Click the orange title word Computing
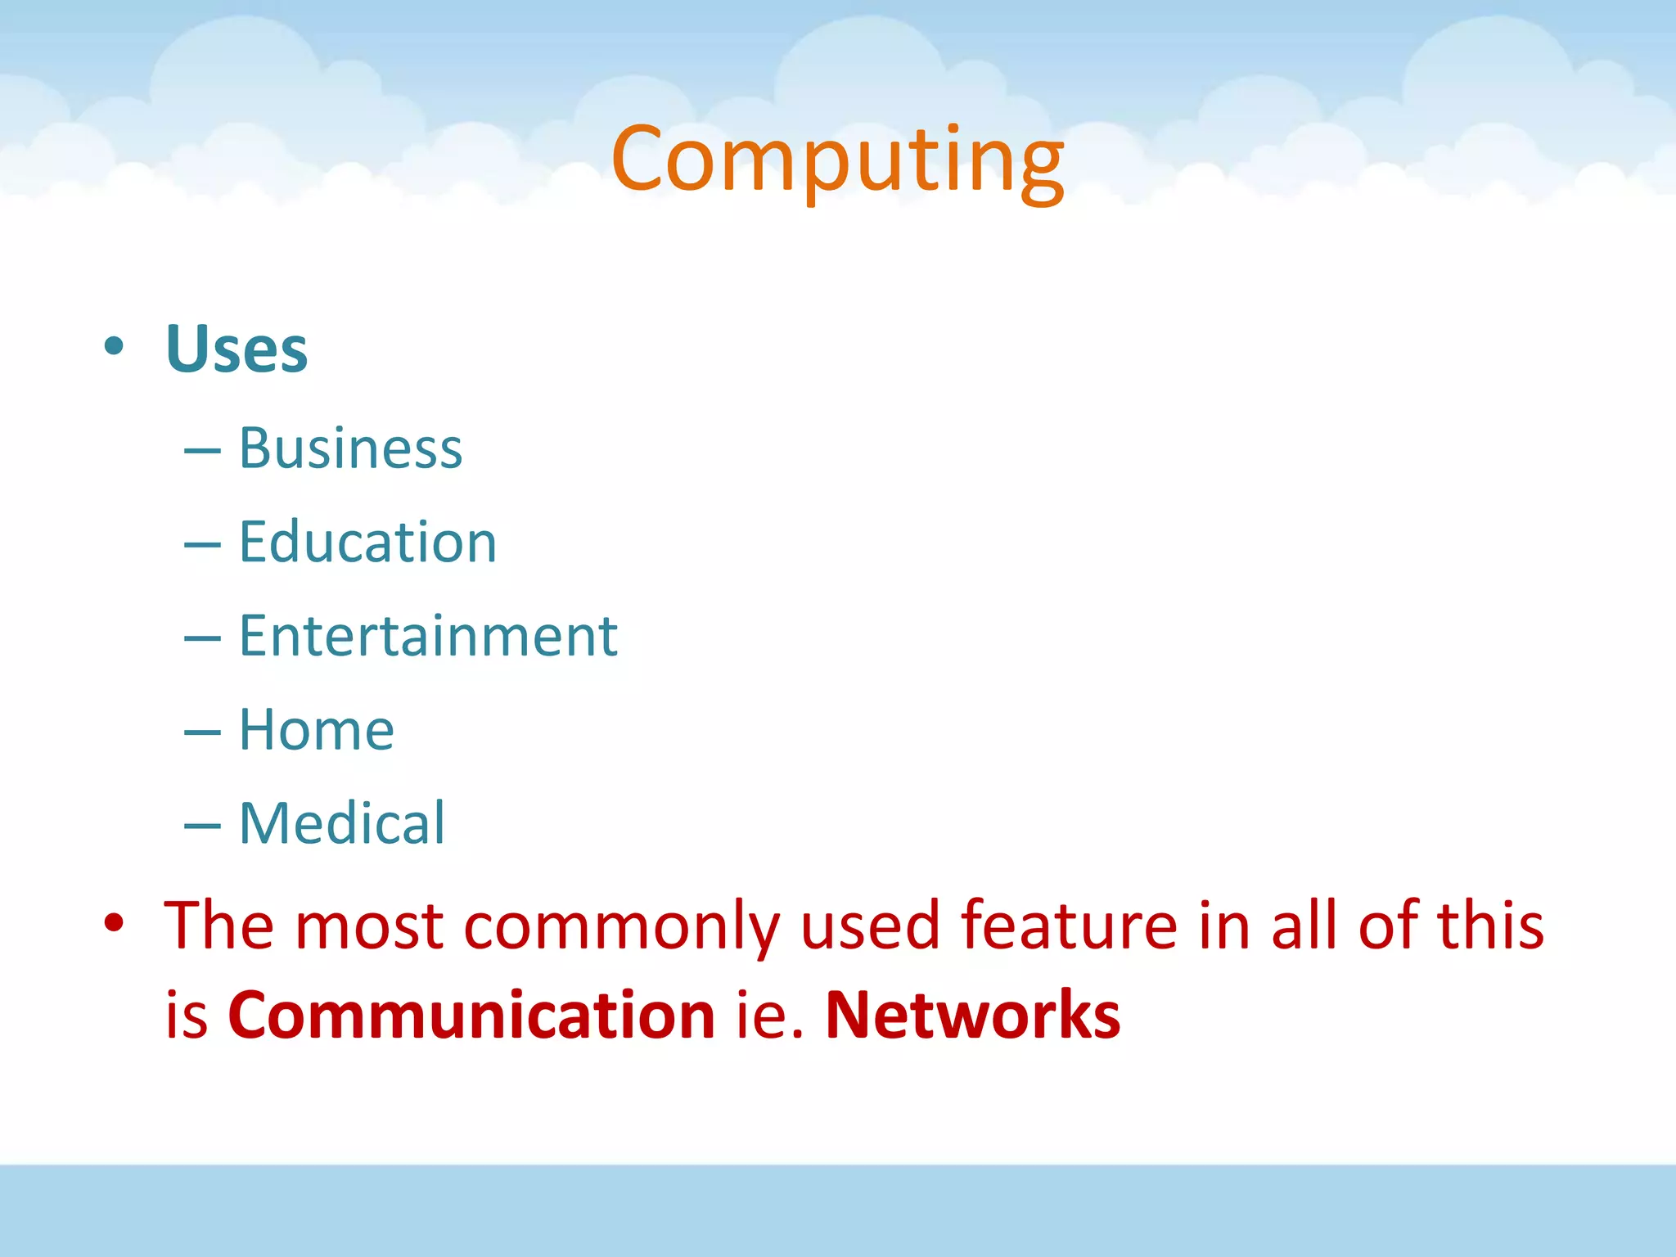(x=836, y=160)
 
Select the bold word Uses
(x=237, y=349)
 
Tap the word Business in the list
(x=350, y=448)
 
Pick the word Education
(x=367, y=542)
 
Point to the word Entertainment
(x=428, y=636)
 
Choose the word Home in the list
(x=316, y=729)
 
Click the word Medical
(x=341, y=823)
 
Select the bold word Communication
(x=471, y=1015)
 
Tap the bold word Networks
(x=972, y=1015)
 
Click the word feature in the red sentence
(x=1069, y=926)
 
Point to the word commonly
(x=622, y=926)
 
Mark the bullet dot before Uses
(x=114, y=347)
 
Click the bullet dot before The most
(x=114, y=923)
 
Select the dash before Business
(x=202, y=451)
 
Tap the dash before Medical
(x=202, y=826)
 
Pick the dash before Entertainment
(x=202, y=638)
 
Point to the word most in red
(x=369, y=926)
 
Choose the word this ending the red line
(x=1490, y=926)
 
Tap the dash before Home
(x=202, y=732)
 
